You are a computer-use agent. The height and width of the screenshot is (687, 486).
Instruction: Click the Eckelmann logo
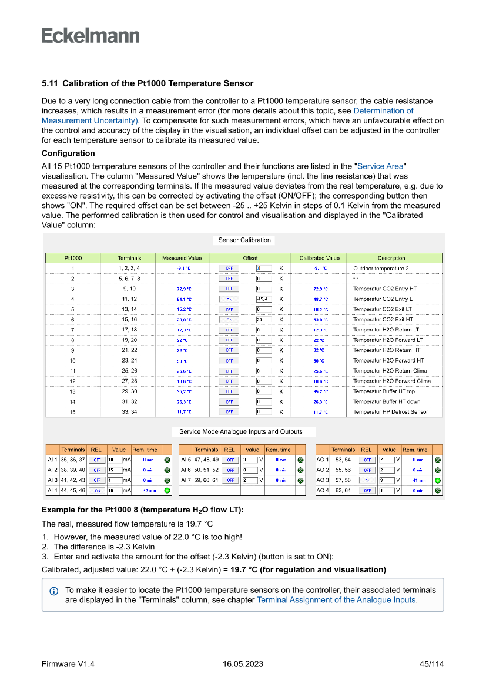pos(91,36)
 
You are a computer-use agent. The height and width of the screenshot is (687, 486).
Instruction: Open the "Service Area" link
pos(381,166)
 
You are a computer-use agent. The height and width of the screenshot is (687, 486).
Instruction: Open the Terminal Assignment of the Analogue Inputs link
pos(336,600)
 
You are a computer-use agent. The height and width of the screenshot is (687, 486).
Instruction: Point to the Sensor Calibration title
pos(244,240)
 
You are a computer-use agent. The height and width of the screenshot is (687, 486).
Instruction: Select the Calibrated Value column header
pos(319,258)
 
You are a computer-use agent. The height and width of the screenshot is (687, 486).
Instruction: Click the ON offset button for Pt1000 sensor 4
pos(229,299)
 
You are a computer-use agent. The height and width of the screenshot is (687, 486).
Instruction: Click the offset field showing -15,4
pos(263,299)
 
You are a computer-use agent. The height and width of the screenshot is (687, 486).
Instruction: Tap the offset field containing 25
pos(263,320)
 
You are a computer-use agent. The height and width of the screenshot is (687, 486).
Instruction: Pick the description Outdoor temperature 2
pos(381,269)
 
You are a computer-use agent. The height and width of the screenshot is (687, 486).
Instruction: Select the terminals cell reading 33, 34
pos(129,412)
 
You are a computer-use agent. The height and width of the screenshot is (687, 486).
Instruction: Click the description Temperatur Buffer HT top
pos(384,391)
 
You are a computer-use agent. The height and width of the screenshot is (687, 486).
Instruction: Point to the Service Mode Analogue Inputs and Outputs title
pos(241,431)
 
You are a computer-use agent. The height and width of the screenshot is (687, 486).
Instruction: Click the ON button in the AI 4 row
pos(97,490)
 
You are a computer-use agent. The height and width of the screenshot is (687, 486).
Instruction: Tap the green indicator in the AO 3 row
pos(437,480)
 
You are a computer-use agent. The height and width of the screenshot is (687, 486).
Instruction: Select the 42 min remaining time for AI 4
pos(149,490)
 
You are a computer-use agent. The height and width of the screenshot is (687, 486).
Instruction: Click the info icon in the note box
pos(54,590)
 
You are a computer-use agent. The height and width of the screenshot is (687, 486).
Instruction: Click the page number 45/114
pos(431,664)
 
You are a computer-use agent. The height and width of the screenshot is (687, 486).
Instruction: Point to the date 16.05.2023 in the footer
pos(243,664)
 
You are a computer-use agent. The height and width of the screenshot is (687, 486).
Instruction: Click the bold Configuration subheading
pos(68,153)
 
